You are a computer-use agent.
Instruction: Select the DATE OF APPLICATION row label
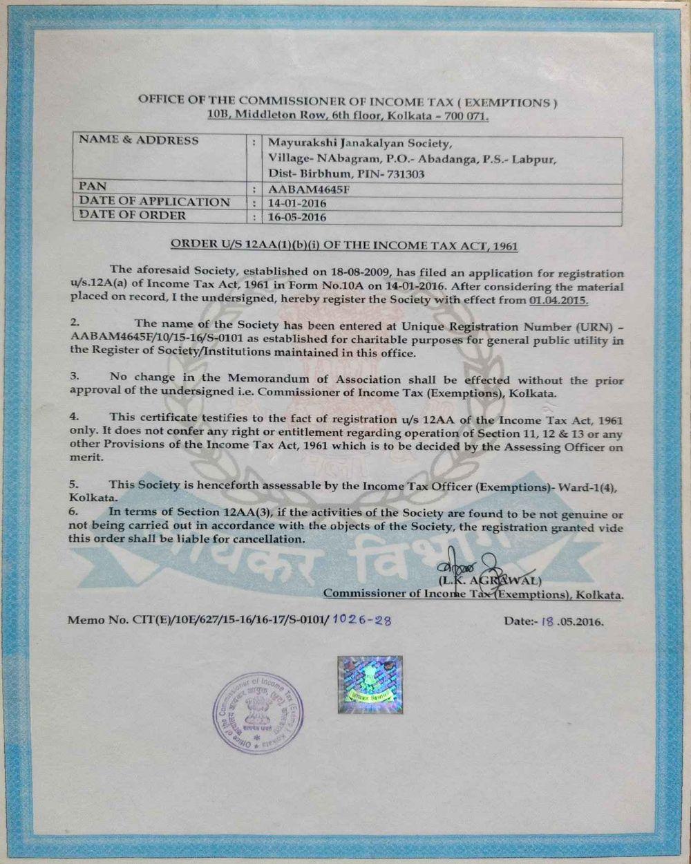[154, 202]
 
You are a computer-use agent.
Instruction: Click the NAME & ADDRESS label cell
[138, 140]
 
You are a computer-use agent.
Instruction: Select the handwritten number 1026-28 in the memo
[361, 621]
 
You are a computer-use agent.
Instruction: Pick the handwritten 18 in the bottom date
[549, 621]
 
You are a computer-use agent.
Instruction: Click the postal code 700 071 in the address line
[464, 116]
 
